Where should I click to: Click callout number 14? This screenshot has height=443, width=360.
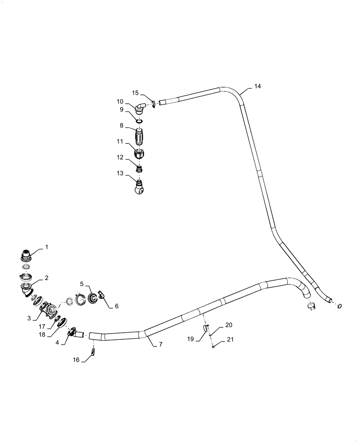258,86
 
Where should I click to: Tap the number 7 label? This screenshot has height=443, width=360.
160,344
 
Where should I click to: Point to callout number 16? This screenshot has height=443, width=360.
77,360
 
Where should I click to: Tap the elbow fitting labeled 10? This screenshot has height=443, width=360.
141,108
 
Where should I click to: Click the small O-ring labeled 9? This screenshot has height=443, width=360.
139,120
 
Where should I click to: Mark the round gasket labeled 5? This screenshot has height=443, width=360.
94,298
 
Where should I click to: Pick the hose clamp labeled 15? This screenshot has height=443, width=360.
153,105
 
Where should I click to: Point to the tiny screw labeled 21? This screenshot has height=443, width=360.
214,347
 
